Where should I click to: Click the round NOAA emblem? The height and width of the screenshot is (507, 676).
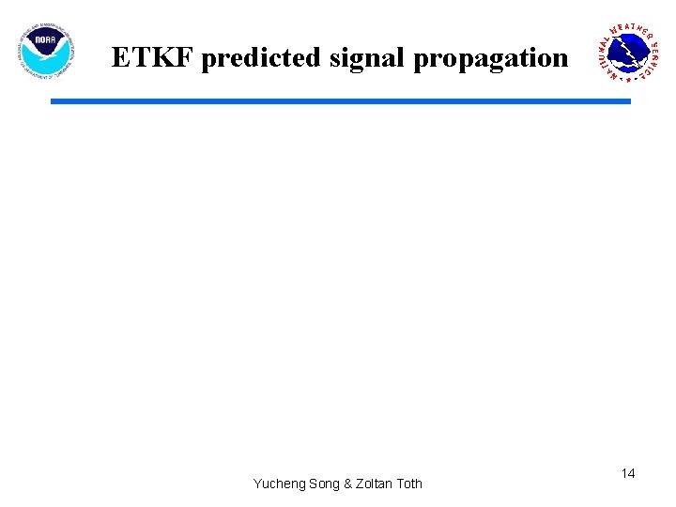click(x=46, y=51)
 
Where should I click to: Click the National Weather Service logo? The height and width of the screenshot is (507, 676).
click(x=630, y=53)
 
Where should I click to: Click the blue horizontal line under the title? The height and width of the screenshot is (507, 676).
click(x=340, y=100)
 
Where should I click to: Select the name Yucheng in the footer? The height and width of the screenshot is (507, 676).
click(x=279, y=484)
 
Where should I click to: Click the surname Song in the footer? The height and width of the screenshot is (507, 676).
click(x=324, y=484)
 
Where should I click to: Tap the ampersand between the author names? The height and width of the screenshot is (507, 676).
click(x=348, y=484)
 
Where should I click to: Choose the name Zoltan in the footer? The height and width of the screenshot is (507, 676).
click(x=375, y=484)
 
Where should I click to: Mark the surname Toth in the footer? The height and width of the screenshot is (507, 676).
click(x=409, y=484)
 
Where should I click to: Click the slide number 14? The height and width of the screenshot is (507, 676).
click(x=628, y=474)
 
